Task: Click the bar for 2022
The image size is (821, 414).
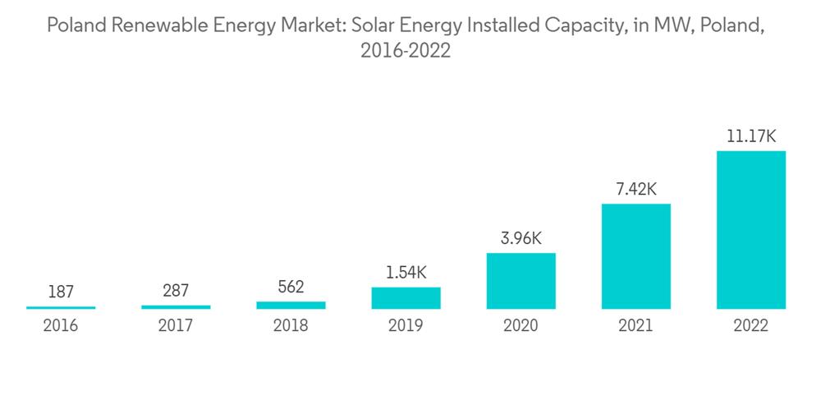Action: (750, 230)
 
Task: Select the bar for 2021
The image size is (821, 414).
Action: (635, 256)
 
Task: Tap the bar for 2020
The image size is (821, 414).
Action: (521, 281)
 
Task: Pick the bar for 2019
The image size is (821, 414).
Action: (406, 298)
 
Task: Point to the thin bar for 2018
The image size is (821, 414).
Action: (291, 305)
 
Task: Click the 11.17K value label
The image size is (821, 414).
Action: (750, 136)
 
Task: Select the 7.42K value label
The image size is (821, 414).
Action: (635, 189)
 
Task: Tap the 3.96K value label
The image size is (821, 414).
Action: (521, 239)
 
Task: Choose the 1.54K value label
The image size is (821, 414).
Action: (406, 273)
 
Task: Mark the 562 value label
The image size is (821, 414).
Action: (291, 287)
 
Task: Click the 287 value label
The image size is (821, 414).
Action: (176, 291)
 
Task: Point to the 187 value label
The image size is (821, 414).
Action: (61, 292)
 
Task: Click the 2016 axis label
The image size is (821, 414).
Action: (61, 326)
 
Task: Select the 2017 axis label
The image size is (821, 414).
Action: (176, 326)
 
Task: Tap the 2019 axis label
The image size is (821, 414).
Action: (406, 326)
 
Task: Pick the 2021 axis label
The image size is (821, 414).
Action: (635, 326)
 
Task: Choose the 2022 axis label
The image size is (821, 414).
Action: (750, 326)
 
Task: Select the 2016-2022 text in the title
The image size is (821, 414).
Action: (406, 51)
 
